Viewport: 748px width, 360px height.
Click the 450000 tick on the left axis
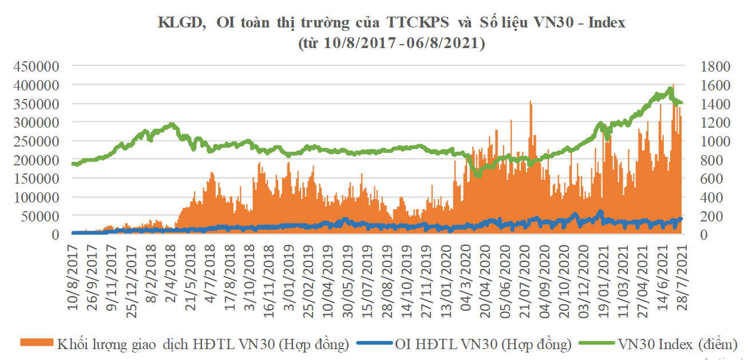(x=36, y=66)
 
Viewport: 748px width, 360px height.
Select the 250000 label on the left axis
(x=36, y=141)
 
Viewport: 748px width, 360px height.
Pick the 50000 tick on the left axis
(x=40, y=216)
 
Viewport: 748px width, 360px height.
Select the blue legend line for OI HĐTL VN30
(x=374, y=343)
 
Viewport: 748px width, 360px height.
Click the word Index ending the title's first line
(x=605, y=23)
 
